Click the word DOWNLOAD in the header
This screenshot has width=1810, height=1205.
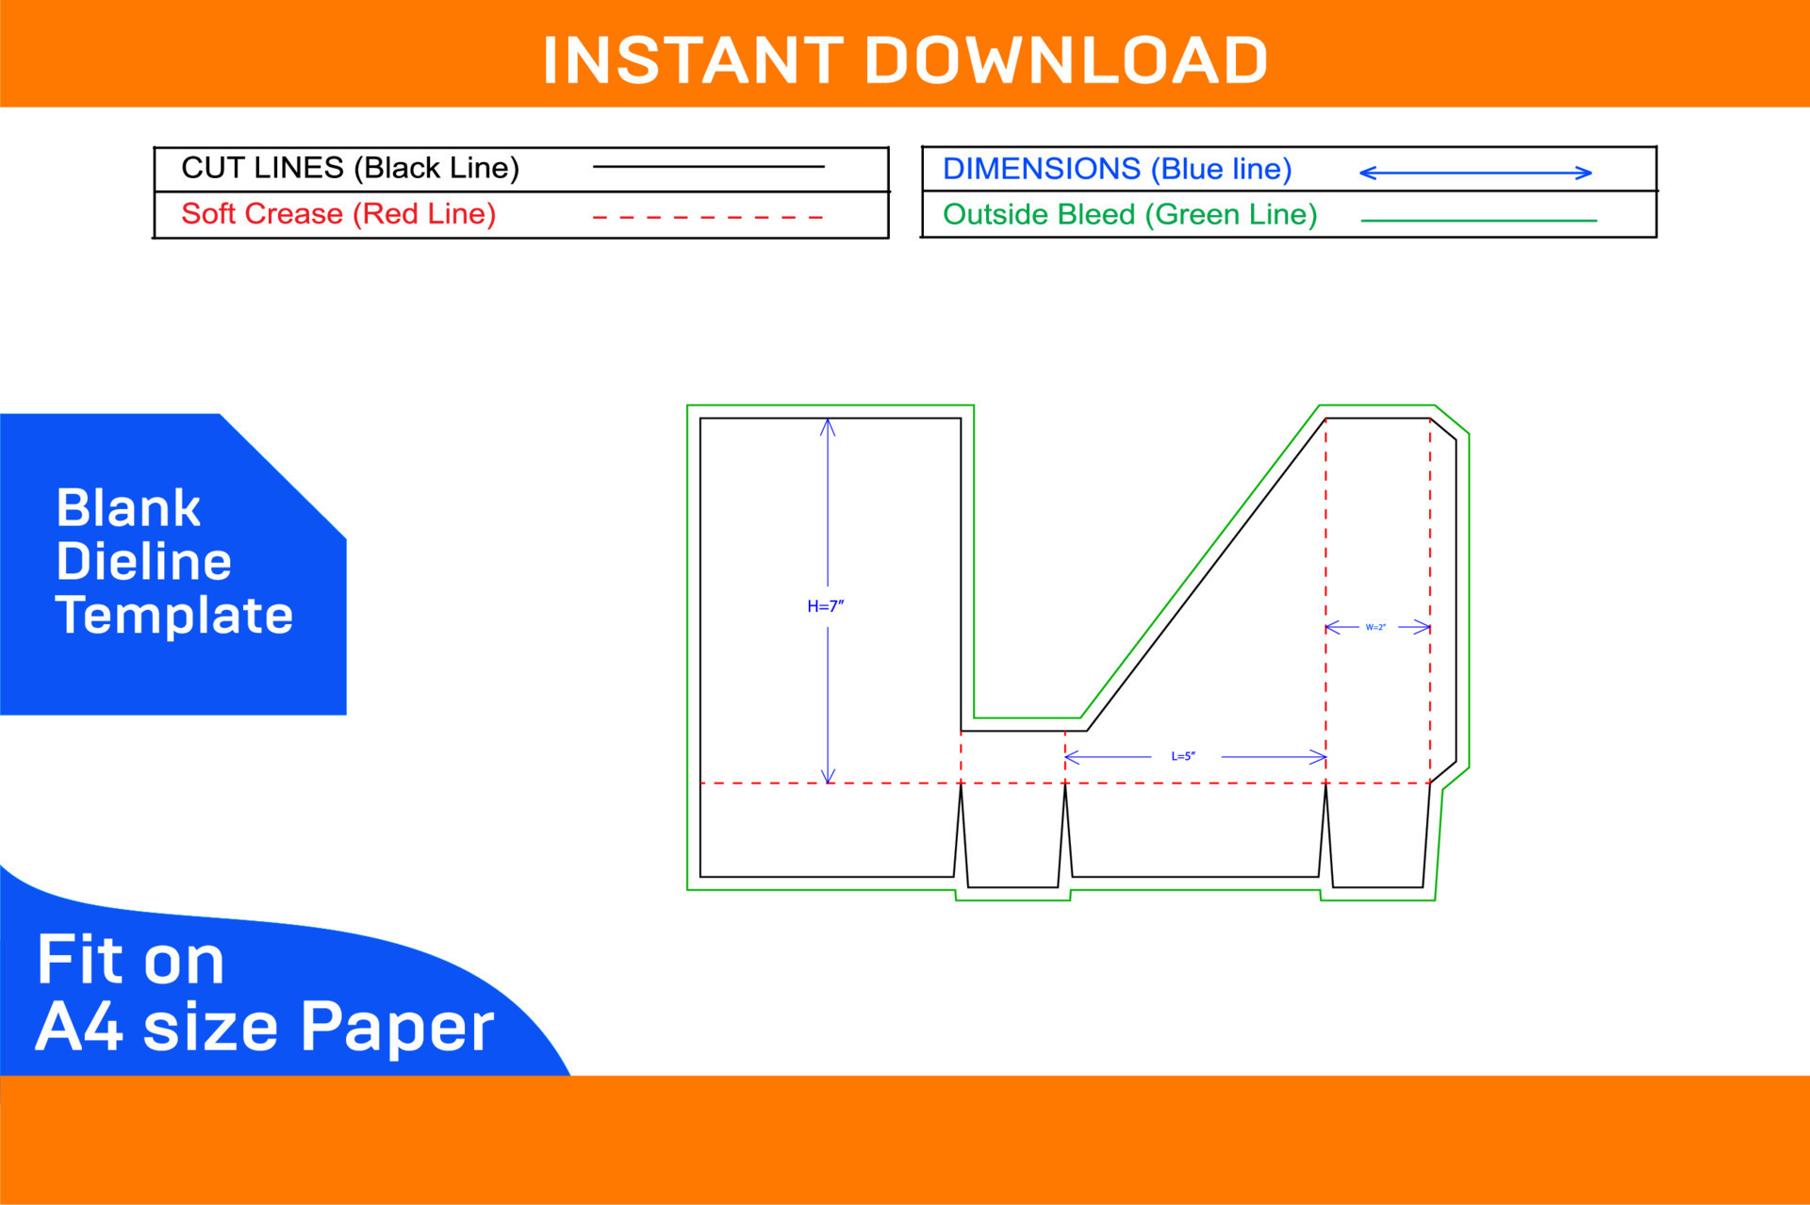click(1066, 60)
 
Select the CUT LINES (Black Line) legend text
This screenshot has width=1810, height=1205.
click(350, 168)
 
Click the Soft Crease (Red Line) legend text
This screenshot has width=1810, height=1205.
click(338, 214)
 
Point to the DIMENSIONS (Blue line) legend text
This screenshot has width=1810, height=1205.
click(1117, 169)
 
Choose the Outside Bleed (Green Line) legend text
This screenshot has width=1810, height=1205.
click(1129, 215)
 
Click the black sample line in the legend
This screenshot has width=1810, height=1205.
click(708, 167)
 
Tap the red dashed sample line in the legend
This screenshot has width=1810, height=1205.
click(708, 217)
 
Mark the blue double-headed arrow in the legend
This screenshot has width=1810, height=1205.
click(1475, 173)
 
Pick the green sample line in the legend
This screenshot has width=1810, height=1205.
click(1479, 221)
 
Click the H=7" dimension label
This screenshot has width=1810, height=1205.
click(826, 606)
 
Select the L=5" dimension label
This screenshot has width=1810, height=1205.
click(1183, 756)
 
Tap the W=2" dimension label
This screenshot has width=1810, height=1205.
click(1375, 627)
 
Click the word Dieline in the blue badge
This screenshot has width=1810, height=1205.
click(143, 562)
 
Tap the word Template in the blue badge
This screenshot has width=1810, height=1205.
click(174, 616)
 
